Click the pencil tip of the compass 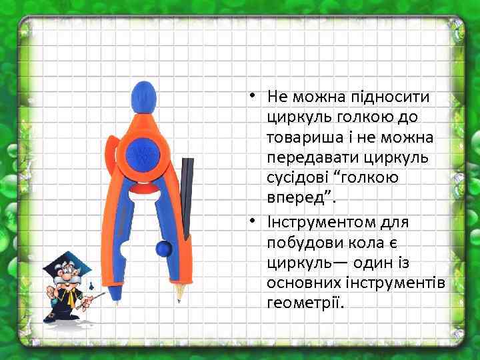click(x=179, y=295)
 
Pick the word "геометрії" click(x=304, y=303)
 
